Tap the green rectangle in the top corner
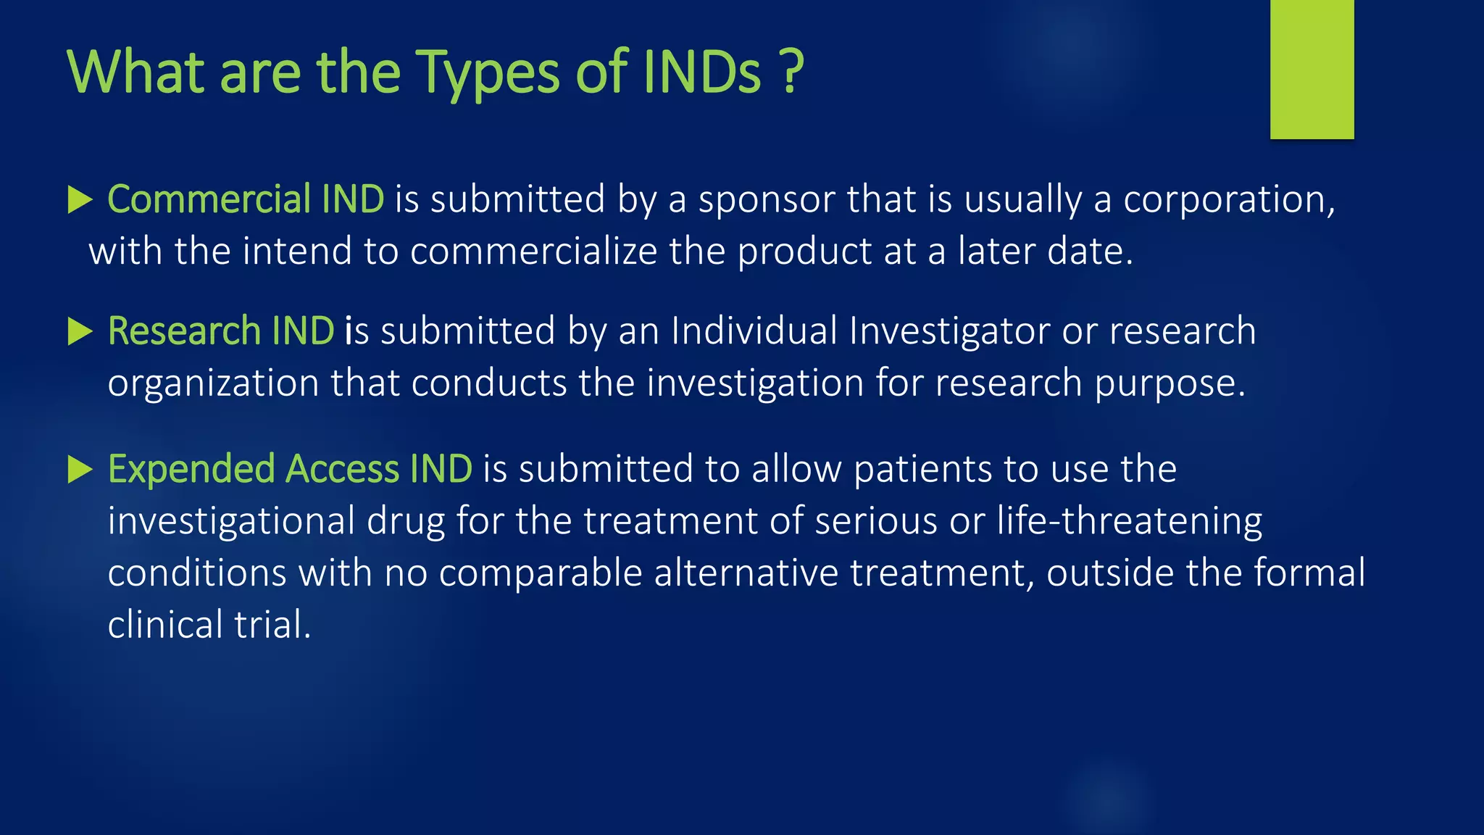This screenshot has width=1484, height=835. [1312, 69]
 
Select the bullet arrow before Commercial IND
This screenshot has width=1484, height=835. [80, 200]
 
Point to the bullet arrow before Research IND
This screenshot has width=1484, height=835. [80, 332]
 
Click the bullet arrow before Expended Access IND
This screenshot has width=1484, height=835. [80, 470]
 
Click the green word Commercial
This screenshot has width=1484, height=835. [209, 199]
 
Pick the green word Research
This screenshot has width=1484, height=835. [184, 331]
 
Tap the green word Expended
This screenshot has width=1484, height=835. [191, 469]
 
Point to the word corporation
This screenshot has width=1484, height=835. [1228, 199]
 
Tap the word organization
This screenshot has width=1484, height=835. [213, 383]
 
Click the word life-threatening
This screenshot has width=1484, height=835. [1129, 521]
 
